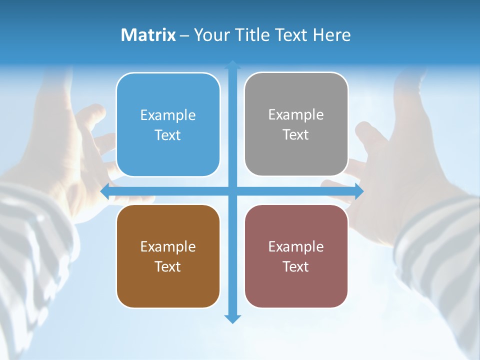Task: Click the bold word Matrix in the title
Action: [x=148, y=34]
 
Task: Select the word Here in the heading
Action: [x=331, y=34]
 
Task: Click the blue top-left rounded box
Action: [x=168, y=124]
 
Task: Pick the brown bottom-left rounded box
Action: [x=168, y=256]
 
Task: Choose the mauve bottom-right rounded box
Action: [x=296, y=256]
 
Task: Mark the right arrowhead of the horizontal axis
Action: [x=358, y=191]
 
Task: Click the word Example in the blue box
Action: [x=168, y=115]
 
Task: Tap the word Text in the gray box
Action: [x=296, y=134]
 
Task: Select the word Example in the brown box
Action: [x=168, y=246]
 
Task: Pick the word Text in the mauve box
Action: [x=296, y=266]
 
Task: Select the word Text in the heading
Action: [x=290, y=34]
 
